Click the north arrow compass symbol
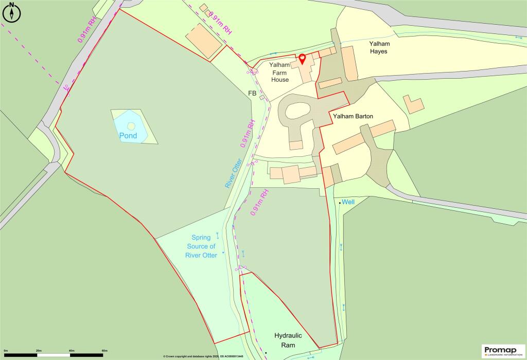click(11, 12)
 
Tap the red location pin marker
click(302, 59)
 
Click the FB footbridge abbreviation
click(252, 94)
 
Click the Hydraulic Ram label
click(288, 340)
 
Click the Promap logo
click(503, 351)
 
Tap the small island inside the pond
click(131, 125)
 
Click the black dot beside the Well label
click(340, 203)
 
